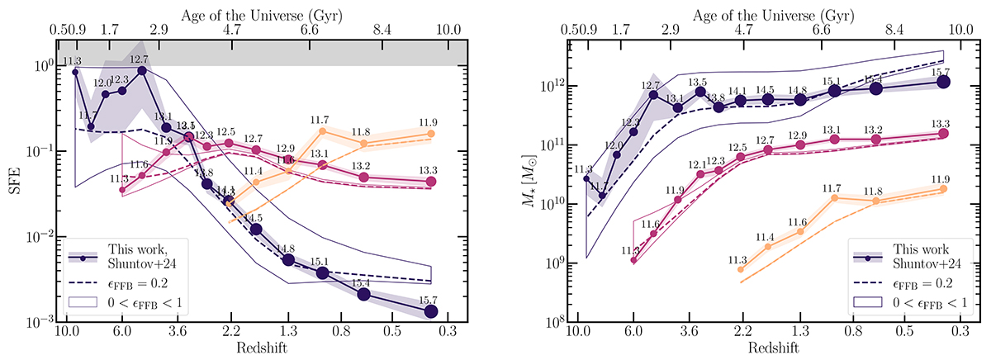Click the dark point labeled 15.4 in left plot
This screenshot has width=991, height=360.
point(363,294)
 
